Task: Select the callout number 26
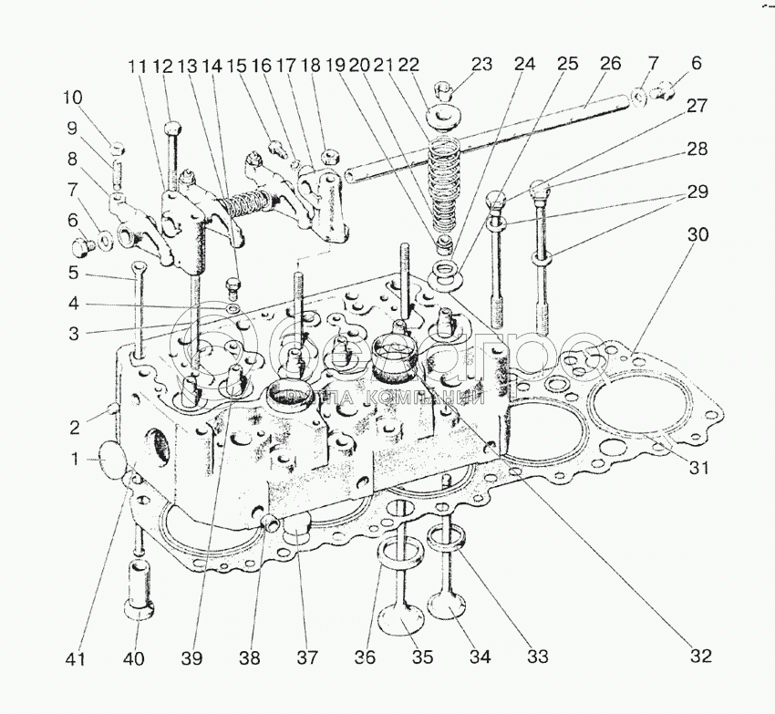point(610,64)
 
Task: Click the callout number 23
point(481,65)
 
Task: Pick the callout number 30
point(698,233)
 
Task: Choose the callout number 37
point(307,657)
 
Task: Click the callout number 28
point(697,149)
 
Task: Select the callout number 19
point(335,67)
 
